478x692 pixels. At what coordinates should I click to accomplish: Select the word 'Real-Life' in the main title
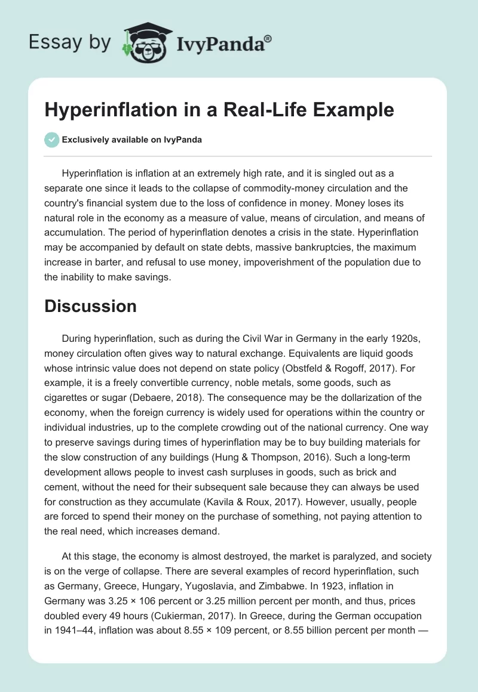coord(271,110)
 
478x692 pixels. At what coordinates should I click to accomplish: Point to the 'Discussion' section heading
coord(90,306)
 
